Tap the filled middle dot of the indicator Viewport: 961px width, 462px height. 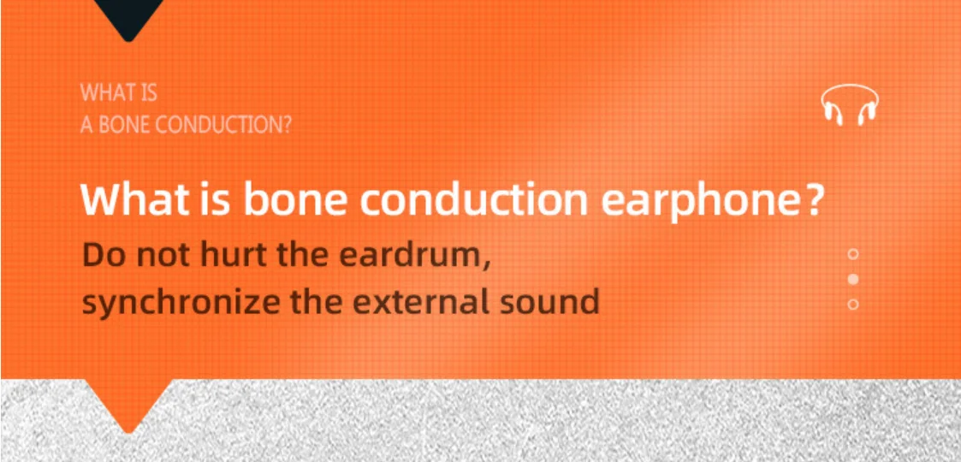coord(852,280)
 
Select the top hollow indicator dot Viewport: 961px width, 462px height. coord(852,253)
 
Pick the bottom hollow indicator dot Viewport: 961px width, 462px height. coord(852,304)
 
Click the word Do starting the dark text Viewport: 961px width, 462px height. coord(100,256)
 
